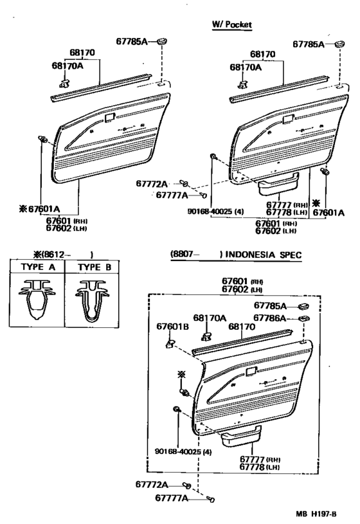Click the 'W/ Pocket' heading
pos(231,24)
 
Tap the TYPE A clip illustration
pos(37,300)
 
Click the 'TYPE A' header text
pos(38,267)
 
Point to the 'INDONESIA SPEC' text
pos(264,255)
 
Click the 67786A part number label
pos(269,318)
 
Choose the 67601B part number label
pos(172,326)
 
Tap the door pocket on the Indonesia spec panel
pos(241,435)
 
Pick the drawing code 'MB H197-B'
pos(316,514)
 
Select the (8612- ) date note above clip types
pos(64,255)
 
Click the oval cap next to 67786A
pos(303,318)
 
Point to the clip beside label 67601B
pos(170,343)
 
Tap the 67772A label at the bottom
pos(152,484)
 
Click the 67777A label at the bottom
pos(172,498)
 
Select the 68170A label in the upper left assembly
pos(67,66)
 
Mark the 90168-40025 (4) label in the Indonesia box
pos(183,452)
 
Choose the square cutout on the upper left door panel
pos(109,118)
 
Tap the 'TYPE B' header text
pos(94,267)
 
